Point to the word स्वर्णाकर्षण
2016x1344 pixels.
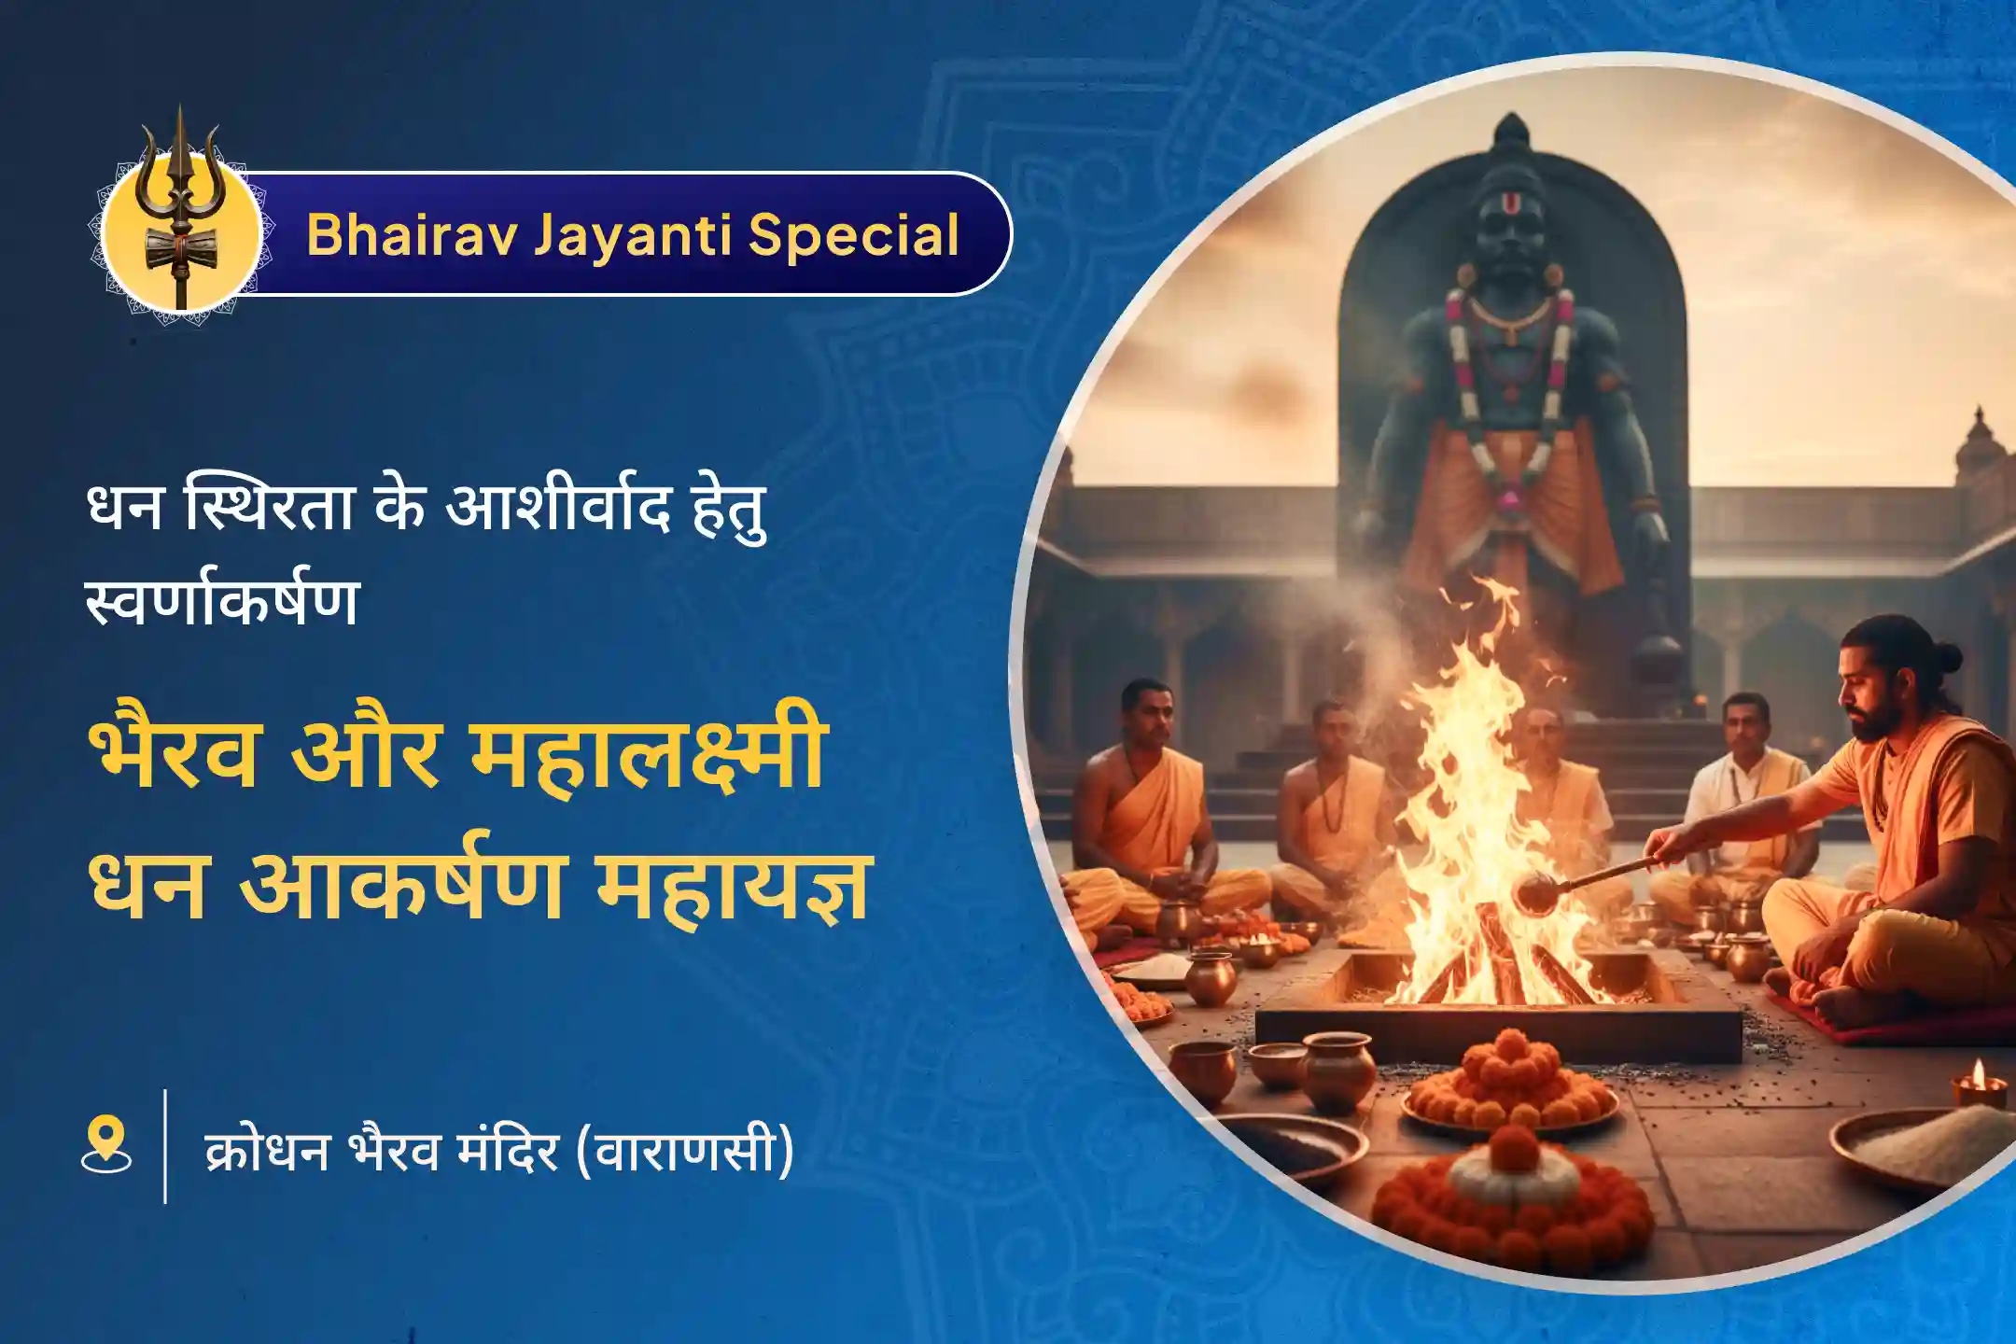222,601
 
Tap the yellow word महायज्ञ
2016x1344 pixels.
734,885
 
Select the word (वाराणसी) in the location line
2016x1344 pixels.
684,1149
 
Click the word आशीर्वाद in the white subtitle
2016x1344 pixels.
558,511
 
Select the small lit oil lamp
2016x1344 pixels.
1979,1083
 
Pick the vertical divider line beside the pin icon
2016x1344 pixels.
165,1145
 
